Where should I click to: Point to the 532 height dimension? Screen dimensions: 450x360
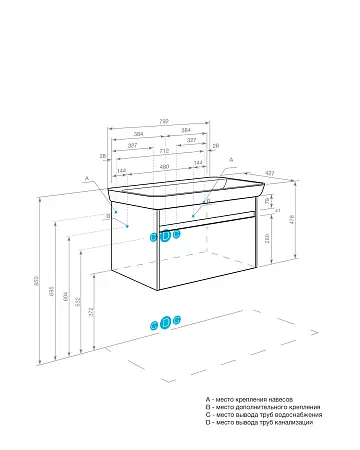[78, 302]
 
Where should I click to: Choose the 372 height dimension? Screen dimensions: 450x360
[91, 315]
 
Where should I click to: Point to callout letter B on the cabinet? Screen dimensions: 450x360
[108, 215]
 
